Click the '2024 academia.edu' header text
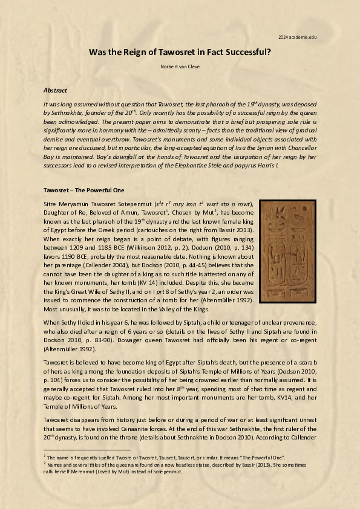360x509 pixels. [x=298, y=37]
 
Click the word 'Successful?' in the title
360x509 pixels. [x=244, y=52]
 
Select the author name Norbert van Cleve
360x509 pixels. [x=180, y=65]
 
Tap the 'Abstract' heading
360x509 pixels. [x=55, y=90]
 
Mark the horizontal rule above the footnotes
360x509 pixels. [x=87, y=450]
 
